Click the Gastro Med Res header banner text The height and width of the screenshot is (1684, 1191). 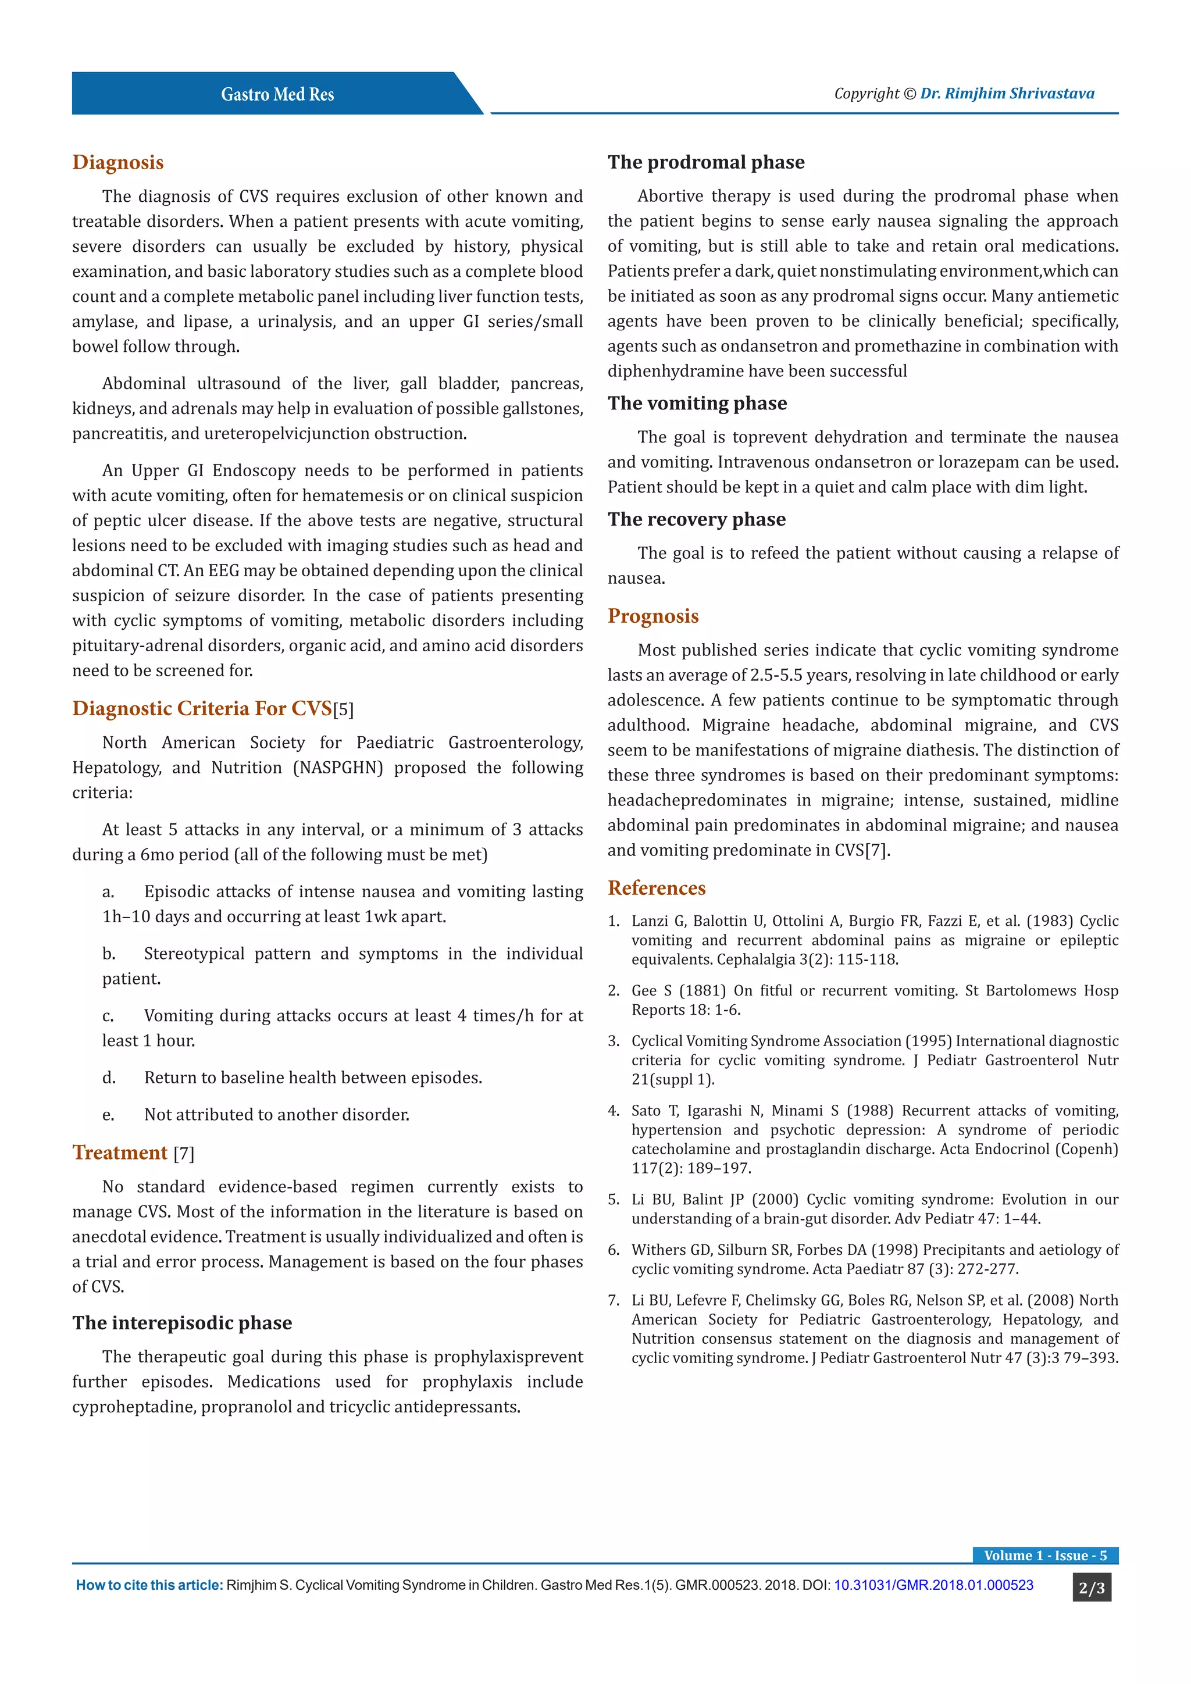[x=277, y=95]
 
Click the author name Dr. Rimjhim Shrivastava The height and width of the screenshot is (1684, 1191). [x=1007, y=93]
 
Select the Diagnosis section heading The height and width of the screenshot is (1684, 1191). [x=118, y=162]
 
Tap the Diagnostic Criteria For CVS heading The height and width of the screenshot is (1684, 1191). [x=202, y=708]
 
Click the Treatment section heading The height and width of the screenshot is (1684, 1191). [x=120, y=1153]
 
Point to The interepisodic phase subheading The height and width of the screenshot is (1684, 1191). [x=182, y=1322]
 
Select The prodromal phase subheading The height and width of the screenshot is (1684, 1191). [x=705, y=162]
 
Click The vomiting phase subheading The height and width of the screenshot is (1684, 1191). [x=697, y=404]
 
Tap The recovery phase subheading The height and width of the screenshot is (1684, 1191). [x=696, y=519]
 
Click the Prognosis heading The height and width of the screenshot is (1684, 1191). [x=652, y=616]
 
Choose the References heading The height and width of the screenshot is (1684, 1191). [x=657, y=888]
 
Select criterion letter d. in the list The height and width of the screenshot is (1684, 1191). [x=109, y=1078]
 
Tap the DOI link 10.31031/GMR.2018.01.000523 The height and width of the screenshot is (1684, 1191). [x=933, y=1585]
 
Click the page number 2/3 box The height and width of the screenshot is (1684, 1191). [x=1091, y=1589]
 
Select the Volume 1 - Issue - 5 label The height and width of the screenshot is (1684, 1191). [x=1044, y=1555]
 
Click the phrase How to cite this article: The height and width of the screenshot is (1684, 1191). [x=149, y=1585]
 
